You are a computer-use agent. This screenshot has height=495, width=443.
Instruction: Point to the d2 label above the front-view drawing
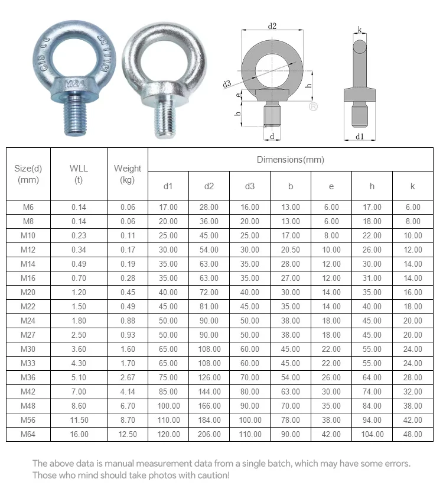[x=272, y=26]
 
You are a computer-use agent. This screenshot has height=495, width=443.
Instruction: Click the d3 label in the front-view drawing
[x=227, y=83]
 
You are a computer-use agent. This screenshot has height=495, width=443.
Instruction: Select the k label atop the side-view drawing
[x=360, y=29]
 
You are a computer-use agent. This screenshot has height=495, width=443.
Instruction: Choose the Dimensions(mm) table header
[x=290, y=160]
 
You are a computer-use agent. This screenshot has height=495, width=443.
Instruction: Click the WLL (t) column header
[x=79, y=174]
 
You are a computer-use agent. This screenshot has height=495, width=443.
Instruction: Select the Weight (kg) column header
[x=128, y=174]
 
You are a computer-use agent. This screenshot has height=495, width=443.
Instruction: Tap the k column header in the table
[x=412, y=186]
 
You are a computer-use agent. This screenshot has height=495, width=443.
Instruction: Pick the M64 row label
[x=28, y=434]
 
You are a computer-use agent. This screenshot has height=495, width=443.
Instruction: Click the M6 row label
[x=28, y=207]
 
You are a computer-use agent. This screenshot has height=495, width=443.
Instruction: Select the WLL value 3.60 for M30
[x=79, y=349]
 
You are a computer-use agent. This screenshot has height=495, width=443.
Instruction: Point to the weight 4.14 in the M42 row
[x=128, y=392]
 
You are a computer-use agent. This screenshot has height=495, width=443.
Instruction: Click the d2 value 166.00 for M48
[x=209, y=406]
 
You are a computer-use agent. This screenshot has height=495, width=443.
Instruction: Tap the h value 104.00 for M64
[x=372, y=434]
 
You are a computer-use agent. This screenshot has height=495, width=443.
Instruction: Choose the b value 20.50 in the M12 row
[x=291, y=250]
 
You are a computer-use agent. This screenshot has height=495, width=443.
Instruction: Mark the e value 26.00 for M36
[x=331, y=377]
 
